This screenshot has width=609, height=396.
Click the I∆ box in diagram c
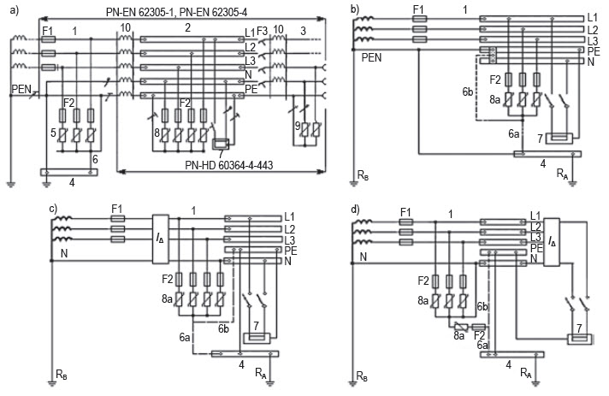[161, 239]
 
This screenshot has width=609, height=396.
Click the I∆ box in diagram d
[552, 242]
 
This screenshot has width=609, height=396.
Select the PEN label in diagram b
[372, 58]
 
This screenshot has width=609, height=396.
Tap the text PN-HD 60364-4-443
[228, 165]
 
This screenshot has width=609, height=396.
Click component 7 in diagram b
[559, 139]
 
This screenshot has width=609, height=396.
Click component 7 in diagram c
[256, 337]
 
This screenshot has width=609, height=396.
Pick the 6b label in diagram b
[468, 92]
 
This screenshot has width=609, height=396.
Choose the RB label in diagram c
[62, 375]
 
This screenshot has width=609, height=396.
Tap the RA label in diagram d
[525, 373]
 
